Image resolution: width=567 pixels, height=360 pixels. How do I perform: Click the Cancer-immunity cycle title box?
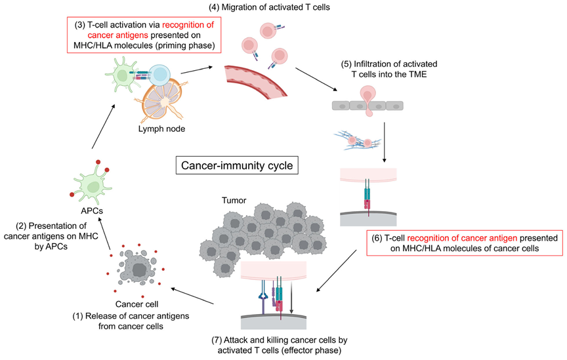pyautogui.click(x=237, y=165)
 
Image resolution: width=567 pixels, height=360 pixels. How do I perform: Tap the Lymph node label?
pyautogui.click(x=161, y=129)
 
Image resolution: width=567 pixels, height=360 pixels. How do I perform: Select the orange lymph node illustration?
pyautogui.click(x=163, y=101)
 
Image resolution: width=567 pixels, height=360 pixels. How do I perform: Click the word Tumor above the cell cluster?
pyautogui.click(x=234, y=200)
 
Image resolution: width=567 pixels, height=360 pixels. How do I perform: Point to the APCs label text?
pyautogui.click(x=92, y=210)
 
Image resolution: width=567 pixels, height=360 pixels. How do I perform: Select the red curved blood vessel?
pyautogui.click(x=256, y=82)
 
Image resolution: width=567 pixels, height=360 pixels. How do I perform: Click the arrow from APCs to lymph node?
pyautogui.click(x=104, y=127)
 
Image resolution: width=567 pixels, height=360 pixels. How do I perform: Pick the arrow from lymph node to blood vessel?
pyautogui.click(x=197, y=70)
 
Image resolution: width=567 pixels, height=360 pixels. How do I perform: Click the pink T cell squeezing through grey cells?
pyautogui.click(x=368, y=100)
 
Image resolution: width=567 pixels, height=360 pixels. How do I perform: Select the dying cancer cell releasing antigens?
pyautogui.click(x=137, y=268)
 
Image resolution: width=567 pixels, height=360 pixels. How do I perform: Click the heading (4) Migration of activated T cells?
pyautogui.click(x=270, y=7)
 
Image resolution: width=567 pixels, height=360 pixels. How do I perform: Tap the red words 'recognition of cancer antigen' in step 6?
pyautogui.click(x=462, y=238)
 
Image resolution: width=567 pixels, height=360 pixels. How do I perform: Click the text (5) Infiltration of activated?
pyautogui.click(x=389, y=64)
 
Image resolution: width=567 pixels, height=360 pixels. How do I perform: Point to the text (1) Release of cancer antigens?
pyautogui.click(x=131, y=316)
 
